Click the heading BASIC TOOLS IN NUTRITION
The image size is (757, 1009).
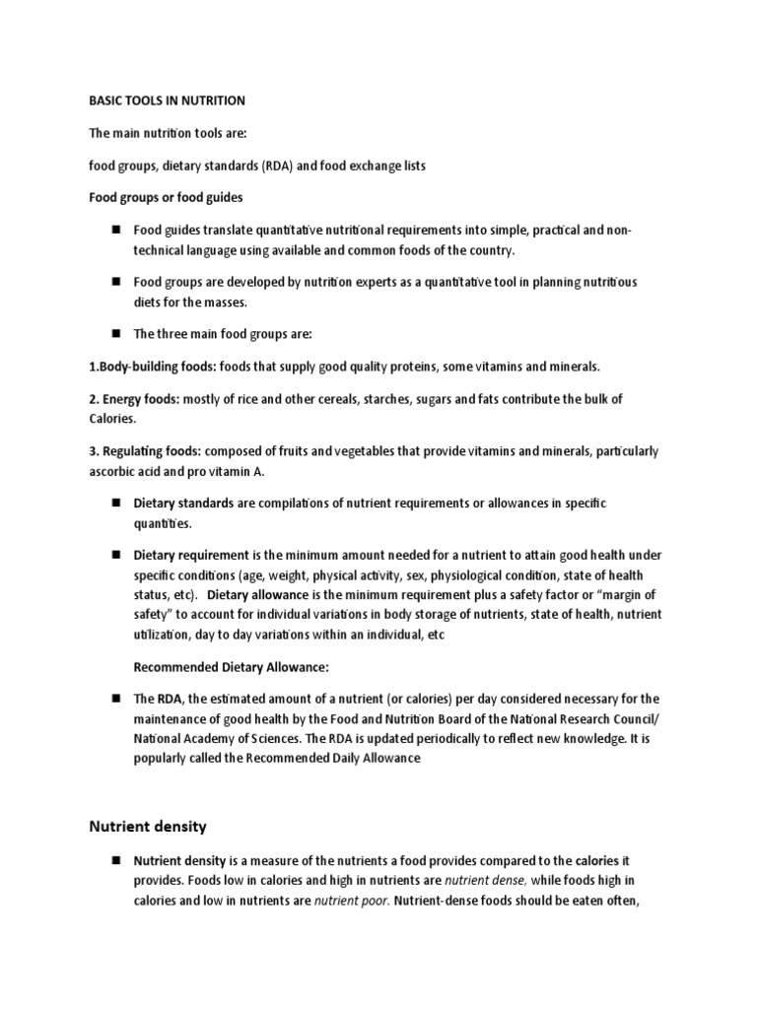pyautogui.click(x=167, y=101)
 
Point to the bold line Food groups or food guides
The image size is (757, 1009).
pyautogui.click(x=166, y=198)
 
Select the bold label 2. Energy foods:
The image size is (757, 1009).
pyautogui.click(x=134, y=399)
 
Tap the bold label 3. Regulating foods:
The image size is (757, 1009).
pyautogui.click(x=146, y=451)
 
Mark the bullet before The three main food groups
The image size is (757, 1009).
pyautogui.click(x=115, y=334)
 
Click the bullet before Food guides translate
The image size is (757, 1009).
pyautogui.click(x=115, y=231)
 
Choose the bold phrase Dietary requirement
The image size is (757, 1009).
pyautogui.click(x=195, y=555)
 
